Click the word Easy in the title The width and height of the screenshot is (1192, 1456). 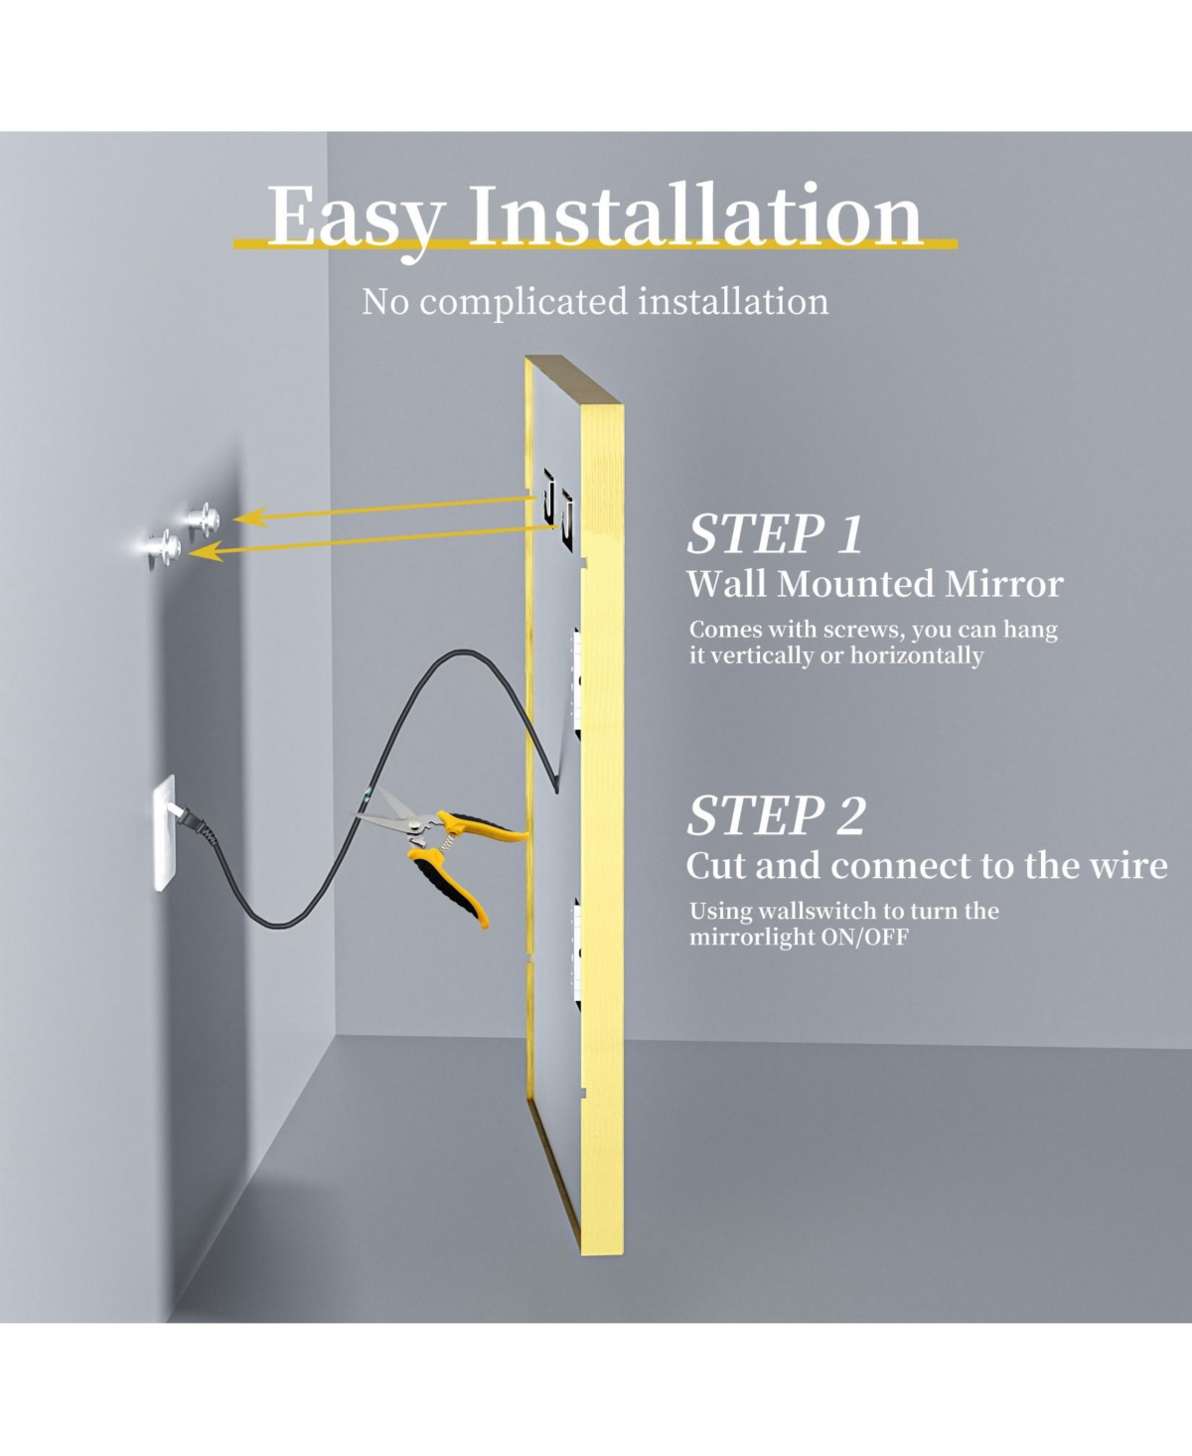[353, 218]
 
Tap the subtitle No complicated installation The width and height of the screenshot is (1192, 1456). [594, 301]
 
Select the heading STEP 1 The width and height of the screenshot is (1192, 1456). [775, 534]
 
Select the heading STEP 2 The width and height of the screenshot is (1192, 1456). [776, 816]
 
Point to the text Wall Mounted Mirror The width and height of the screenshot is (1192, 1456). [874, 584]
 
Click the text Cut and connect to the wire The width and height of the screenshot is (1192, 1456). [926, 866]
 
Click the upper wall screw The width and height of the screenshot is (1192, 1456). [210, 517]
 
